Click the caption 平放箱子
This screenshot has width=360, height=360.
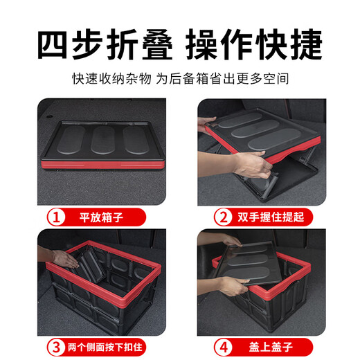tap(104, 217)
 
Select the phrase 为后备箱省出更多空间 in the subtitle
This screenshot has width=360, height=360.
tap(221, 79)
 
